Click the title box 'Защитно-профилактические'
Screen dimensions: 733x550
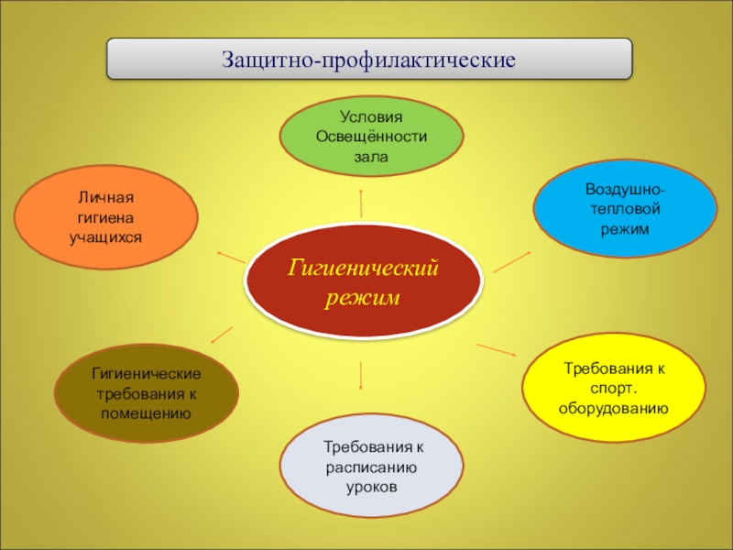pyautogui.click(x=369, y=60)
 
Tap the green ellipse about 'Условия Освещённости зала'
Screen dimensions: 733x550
pyautogui.click(x=371, y=137)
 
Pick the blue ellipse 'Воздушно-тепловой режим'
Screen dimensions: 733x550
pyautogui.click(x=625, y=209)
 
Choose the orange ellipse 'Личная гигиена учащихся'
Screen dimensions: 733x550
pyautogui.click(x=106, y=218)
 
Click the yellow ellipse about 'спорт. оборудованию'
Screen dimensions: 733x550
pyautogui.click(x=613, y=388)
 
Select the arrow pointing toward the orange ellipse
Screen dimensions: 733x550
pyautogui.click(x=230, y=257)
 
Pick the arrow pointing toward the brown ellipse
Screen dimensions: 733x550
pyautogui.click(x=221, y=335)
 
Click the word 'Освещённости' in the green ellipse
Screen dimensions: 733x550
pyautogui.click(x=371, y=137)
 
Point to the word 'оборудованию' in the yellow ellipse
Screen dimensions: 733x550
pyautogui.click(x=613, y=406)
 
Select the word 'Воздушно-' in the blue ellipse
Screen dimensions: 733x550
pyautogui.click(x=626, y=190)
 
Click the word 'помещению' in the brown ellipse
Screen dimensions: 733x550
pyautogui.click(x=147, y=412)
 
